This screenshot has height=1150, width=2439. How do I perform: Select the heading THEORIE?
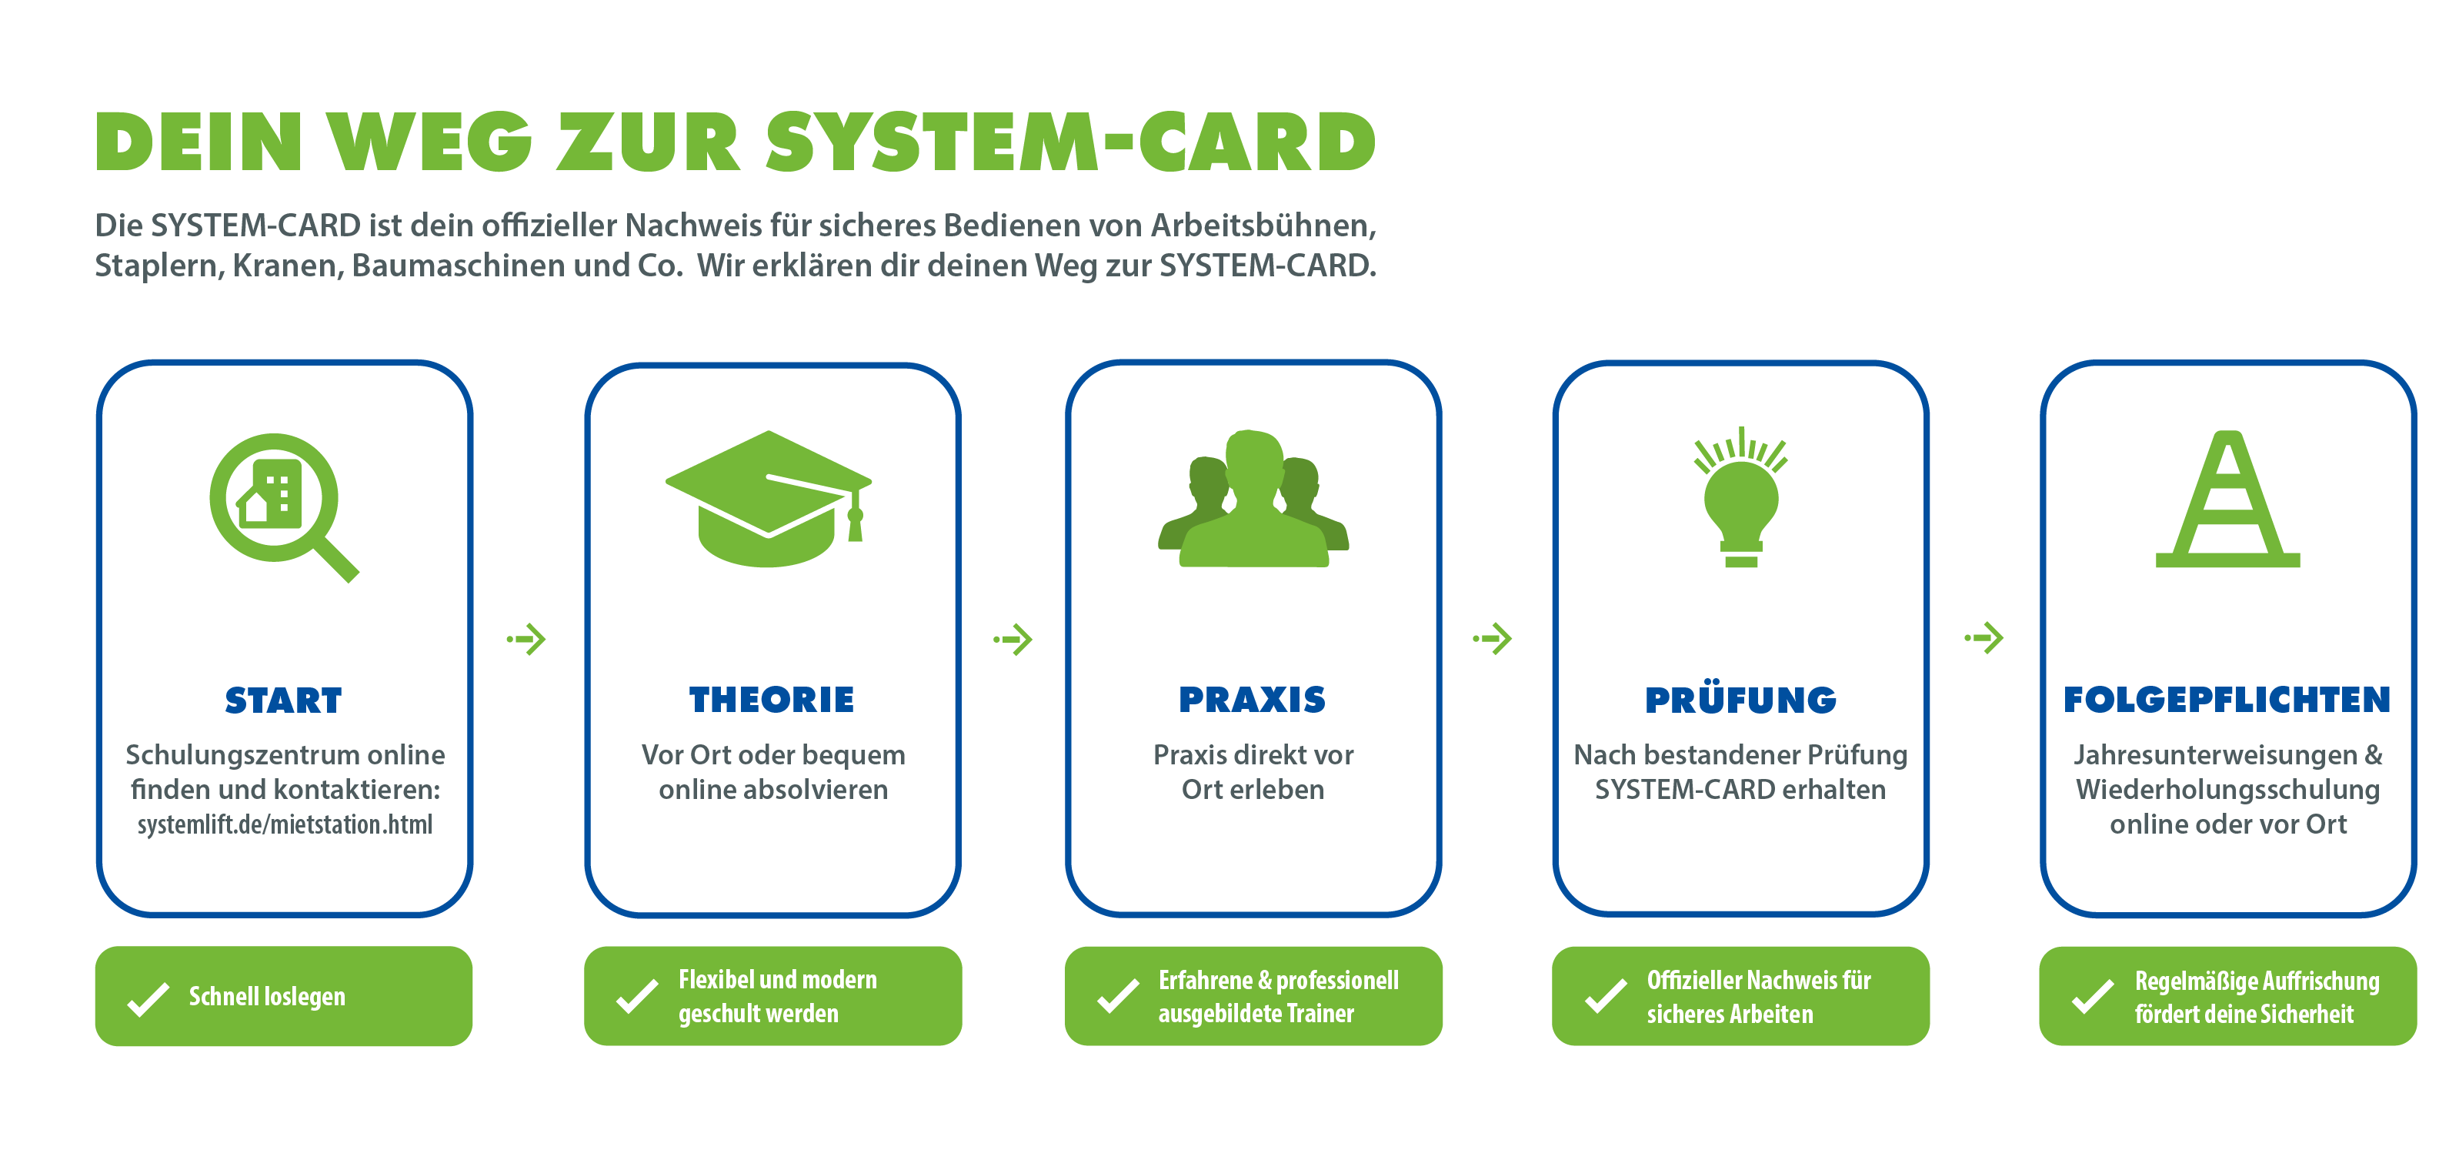(x=772, y=700)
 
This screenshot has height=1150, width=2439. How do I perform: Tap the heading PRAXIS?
(x=1252, y=700)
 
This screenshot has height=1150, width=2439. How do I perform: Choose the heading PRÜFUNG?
(x=1740, y=700)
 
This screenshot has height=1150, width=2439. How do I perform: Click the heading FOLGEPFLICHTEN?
(x=2227, y=700)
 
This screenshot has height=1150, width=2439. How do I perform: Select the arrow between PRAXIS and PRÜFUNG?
(x=1493, y=638)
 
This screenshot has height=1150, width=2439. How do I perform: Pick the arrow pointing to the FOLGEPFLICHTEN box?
(x=1984, y=637)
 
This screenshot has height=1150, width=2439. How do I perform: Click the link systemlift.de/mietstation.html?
(x=284, y=824)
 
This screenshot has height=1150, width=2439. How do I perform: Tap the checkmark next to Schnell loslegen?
(x=148, y=998)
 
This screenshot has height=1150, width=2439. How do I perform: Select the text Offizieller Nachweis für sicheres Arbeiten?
(x=1757, y=997)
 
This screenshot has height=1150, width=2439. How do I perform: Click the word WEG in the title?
(x=431, y=142)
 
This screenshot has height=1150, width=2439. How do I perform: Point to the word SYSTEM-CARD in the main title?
(x=1070, y=142)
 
